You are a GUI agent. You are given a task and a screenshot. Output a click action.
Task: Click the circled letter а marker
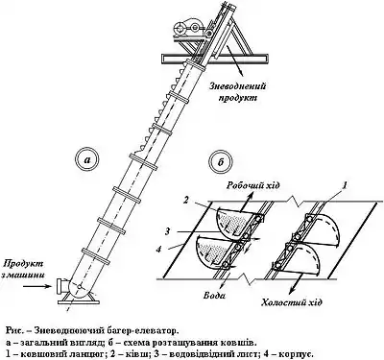[87, 160]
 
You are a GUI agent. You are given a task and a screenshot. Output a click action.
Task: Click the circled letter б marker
[221, 162]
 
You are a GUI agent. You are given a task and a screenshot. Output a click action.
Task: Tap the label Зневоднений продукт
[238, 91]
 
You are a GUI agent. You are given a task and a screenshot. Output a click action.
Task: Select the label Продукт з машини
[23, 269]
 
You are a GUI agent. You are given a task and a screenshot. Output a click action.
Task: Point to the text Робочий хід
[252, 185]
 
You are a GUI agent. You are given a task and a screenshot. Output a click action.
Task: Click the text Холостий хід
[291, 302]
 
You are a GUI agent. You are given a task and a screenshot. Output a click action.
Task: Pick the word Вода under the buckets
[214, 295]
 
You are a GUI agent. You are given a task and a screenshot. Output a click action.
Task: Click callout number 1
[345, 184]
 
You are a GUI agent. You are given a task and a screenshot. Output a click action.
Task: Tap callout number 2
[186, 201]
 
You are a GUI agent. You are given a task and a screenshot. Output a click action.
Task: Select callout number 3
[167, 231]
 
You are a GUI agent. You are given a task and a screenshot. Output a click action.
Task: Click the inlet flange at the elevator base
[60, 286]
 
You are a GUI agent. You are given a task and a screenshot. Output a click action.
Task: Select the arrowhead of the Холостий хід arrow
[292, 290]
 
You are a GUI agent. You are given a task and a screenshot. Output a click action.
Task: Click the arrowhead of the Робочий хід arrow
[249, 195]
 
